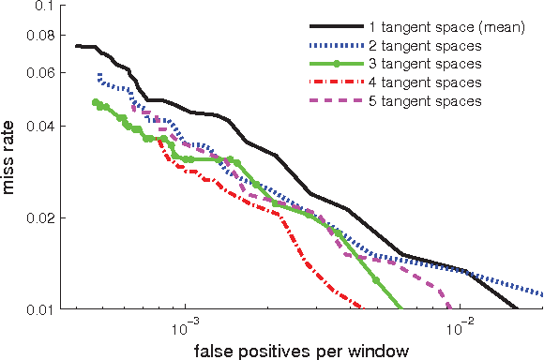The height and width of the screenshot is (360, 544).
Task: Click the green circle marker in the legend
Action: tap(336, 64)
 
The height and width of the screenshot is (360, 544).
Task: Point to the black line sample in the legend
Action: tap(336, 28)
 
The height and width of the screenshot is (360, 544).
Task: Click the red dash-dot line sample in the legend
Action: tap(336, 82)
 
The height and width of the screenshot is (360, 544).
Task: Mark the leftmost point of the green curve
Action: tap(96, 102)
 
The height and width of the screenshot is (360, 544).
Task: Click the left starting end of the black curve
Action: tap(76, 45)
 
